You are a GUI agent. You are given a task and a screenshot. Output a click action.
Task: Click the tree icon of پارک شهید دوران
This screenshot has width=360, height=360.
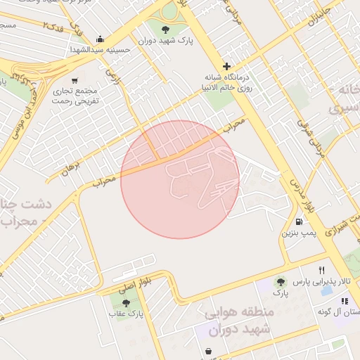click(x=166, y=30)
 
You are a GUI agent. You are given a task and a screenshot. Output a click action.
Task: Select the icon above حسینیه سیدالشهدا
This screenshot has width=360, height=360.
click(x=101, y=39)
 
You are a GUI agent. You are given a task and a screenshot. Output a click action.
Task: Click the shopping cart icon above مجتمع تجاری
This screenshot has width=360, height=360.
click(x=75, y=80)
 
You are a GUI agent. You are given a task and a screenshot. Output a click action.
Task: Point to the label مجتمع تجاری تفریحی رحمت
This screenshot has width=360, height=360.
click(x=78, y=96)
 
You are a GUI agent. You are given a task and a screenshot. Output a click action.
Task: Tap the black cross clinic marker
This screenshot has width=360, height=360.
click(x=226, y=66)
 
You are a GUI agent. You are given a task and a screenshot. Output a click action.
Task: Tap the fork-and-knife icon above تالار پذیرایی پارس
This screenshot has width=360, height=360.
click(x=321, y=269)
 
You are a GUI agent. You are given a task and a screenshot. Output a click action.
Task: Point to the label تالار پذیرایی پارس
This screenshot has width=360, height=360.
click(x=321, y=281)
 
